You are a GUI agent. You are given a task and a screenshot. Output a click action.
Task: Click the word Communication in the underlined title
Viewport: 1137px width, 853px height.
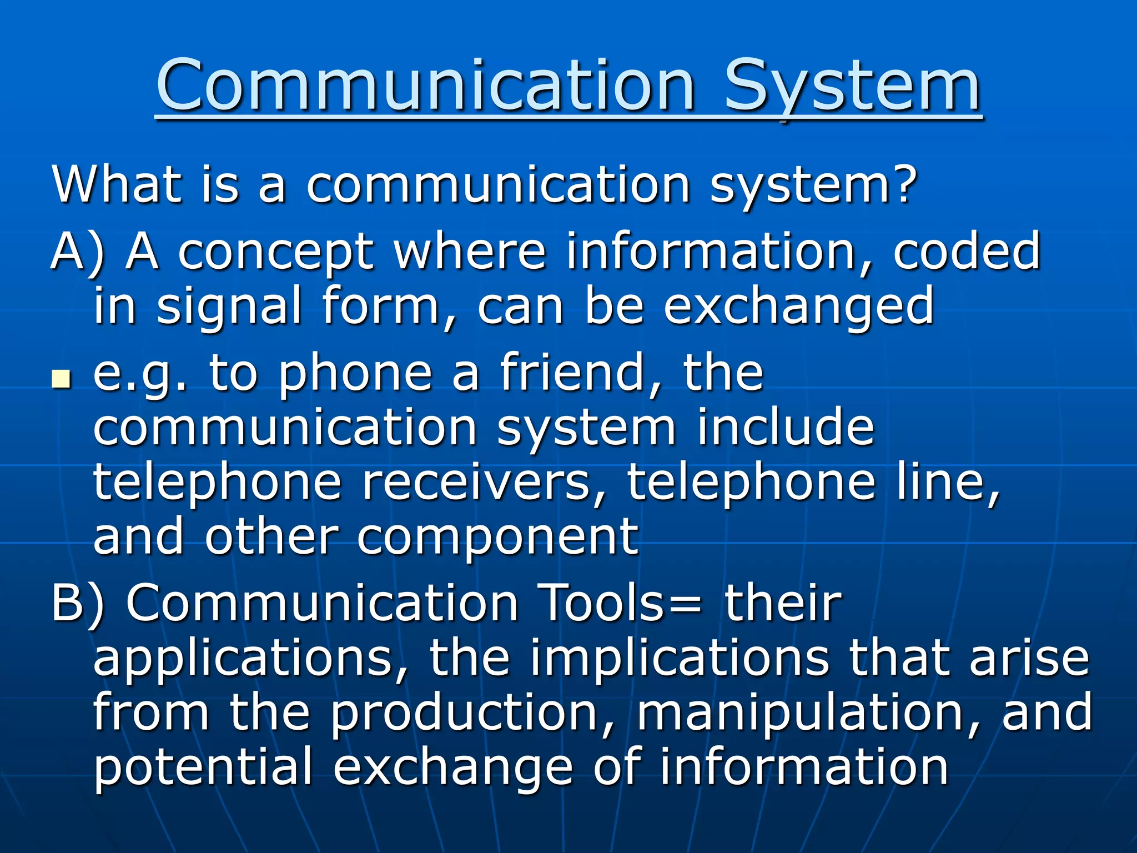click(425, 86)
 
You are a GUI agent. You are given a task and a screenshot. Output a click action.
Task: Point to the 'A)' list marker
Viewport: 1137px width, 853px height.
click(78, 252)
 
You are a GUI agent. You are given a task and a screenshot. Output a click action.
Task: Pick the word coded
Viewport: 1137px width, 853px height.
click(966, 251)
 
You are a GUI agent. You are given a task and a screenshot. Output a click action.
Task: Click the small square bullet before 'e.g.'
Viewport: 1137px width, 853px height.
click(61, 380)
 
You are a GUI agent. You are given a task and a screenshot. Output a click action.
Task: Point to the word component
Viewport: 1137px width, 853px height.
click(497, 538)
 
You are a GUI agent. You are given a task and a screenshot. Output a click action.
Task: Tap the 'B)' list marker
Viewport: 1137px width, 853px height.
click(78, 603)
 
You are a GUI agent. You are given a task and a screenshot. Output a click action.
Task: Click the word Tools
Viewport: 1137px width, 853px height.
click(602, 603)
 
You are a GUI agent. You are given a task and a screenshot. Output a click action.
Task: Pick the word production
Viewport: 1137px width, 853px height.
click(472, 713)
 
